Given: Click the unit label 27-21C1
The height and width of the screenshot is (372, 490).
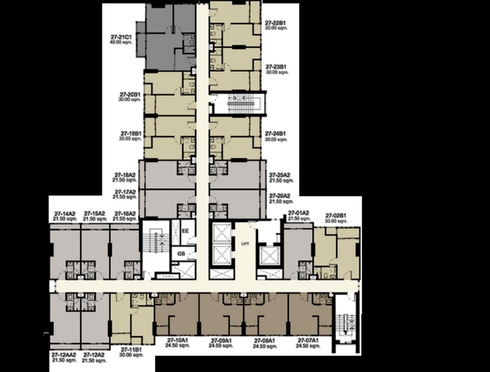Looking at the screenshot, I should click(120, 37).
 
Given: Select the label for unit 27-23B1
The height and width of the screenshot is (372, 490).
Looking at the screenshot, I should click(277, 67).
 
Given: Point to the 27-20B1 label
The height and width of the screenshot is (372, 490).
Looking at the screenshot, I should click(130, 95).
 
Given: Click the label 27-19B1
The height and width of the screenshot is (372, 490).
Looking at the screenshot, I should click(130, 133).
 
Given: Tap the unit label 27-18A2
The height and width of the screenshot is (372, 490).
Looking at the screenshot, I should click(124, 175).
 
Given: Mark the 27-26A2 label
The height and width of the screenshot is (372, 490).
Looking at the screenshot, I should click(280, 196).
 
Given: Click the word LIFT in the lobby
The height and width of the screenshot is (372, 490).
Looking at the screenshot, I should click(245, 244).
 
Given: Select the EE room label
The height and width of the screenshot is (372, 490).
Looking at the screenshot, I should click(186, 231).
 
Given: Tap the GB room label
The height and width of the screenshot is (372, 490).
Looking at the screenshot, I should click(181, 253).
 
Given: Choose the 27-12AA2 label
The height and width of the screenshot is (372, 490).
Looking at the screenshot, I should click(64, 355).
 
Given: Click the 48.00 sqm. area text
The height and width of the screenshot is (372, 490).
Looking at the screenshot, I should click(121, 43).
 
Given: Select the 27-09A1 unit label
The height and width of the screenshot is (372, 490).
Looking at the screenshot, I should click(221, 340).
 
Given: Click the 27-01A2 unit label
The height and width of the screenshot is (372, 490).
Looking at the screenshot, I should click(299, 213).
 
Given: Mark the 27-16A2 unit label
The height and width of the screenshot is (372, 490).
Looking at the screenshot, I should click(124, 213).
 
